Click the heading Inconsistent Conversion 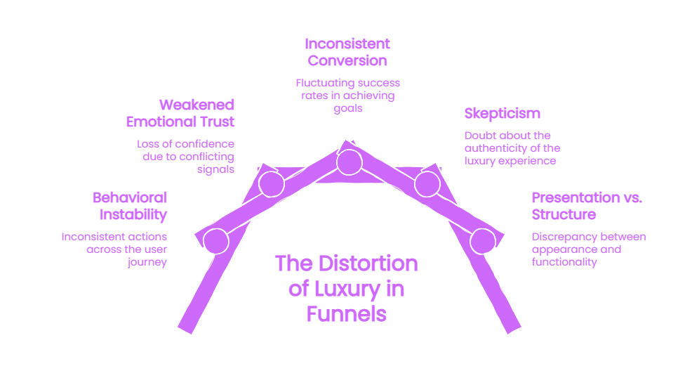[347, 52]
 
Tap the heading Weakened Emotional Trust [180, 113]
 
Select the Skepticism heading [502, 113]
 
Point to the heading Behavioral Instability [130, 206]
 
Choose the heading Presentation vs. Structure [587, 206]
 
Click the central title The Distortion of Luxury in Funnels [347, 289]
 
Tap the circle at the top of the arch [349, 162]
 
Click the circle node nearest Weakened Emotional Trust [272, 184]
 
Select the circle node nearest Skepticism [427, 184]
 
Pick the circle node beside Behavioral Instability [216, 241]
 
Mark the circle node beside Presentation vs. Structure [483, 241]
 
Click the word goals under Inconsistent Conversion [348, 108]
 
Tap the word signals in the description [215, 170]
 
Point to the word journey [147, 262]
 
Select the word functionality [564, 262]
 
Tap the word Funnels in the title [347, 314]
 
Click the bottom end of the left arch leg [185, 330]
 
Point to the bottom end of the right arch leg [514, 330]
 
